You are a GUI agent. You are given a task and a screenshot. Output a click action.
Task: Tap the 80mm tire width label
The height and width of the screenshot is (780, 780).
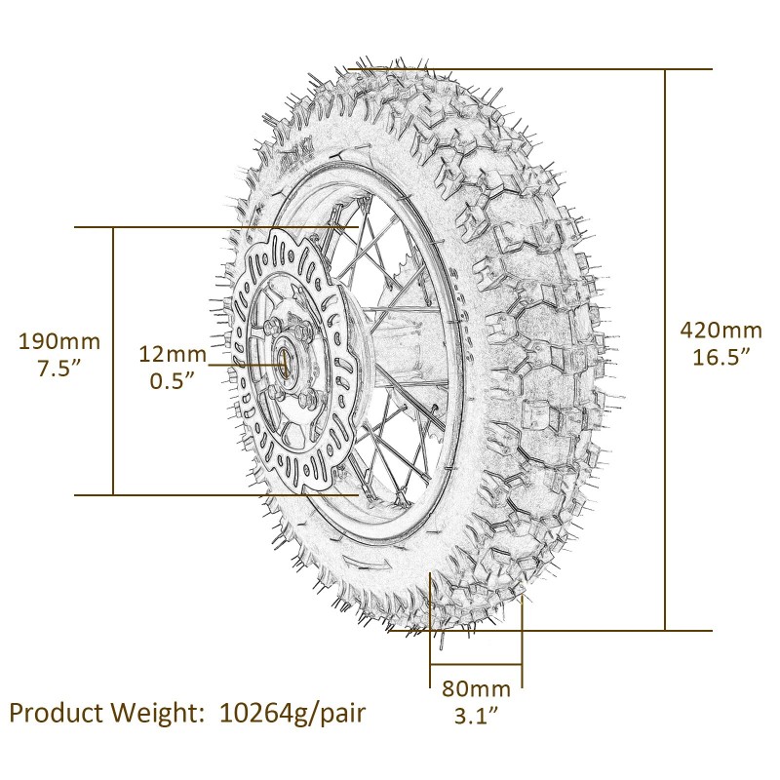(476, 688)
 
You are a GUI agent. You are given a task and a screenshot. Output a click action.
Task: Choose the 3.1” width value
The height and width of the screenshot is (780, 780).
(476, 716)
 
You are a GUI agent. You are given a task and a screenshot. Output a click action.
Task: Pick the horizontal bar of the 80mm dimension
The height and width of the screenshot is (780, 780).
(476, 668)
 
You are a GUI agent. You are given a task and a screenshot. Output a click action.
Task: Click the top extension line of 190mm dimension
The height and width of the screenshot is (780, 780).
(195, 227)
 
